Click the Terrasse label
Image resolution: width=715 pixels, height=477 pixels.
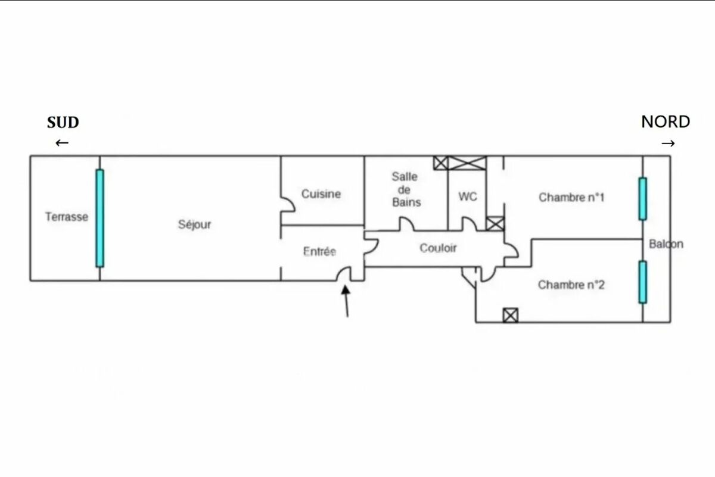[x=66, y=217]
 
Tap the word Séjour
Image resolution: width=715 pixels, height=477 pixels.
[x=194, y=225]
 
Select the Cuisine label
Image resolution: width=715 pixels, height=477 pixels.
[x=321, y=194]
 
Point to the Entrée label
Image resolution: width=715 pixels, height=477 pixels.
[x=319, y=252]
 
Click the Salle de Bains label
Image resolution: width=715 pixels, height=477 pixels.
[x=405, y=189]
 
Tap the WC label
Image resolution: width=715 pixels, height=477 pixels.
[x=467, y=197]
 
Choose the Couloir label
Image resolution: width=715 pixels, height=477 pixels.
[x=438, y=248]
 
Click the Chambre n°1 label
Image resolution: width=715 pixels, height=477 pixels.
[x=571, y=197]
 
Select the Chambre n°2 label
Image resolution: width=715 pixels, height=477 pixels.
[x=571, y=285]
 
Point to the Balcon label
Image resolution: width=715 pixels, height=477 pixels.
[x=666, y=244]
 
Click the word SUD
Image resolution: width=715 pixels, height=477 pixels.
[x=63, y=123]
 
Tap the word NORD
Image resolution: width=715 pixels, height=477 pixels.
[x=666, y=122]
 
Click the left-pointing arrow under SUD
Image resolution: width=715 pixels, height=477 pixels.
[x=62, y=143]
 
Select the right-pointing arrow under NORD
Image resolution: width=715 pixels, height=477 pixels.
[x=669, y=144]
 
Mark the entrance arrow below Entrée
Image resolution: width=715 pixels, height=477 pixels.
[x=346, y=301]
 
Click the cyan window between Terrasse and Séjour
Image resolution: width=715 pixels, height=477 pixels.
[x=100, y=218]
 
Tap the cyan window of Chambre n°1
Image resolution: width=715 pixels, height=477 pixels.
[x=642, y=199]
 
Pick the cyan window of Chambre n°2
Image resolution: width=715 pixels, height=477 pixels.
[x=642, y=282]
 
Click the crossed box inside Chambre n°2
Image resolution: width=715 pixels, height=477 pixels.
[x=510, y=315]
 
